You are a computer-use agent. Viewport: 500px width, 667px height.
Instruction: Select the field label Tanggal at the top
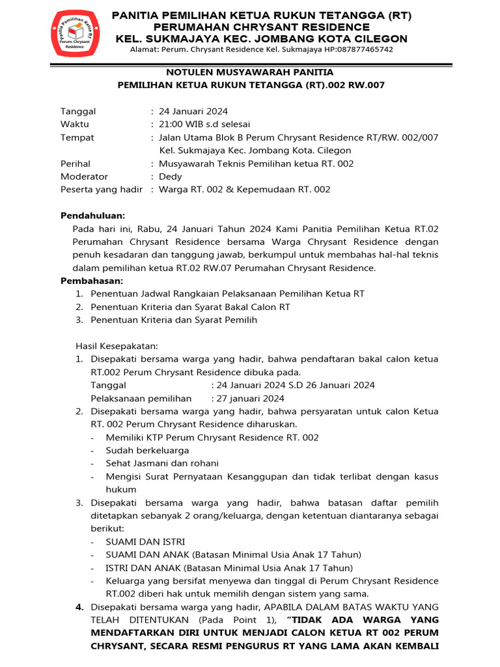(78, 111)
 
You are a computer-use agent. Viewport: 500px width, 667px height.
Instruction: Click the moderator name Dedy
(171, 177)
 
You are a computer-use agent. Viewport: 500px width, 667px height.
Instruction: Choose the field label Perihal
(76, 163)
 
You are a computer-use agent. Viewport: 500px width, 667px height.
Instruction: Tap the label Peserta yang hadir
(102, 190)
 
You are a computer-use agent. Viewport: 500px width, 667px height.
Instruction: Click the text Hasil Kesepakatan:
(117, 346)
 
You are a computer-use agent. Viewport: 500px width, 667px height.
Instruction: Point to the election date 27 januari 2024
(250, 398)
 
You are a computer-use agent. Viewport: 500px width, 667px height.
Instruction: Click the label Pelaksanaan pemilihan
(141, 398)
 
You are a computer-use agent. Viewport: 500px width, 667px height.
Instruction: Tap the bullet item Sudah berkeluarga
(148, 450)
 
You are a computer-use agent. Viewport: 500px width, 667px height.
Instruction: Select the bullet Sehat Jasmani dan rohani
(162, 463)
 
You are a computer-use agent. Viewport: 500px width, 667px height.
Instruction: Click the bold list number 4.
(79, 606)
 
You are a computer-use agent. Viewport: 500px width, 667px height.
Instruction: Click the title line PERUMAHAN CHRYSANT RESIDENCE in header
(261, 27)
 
